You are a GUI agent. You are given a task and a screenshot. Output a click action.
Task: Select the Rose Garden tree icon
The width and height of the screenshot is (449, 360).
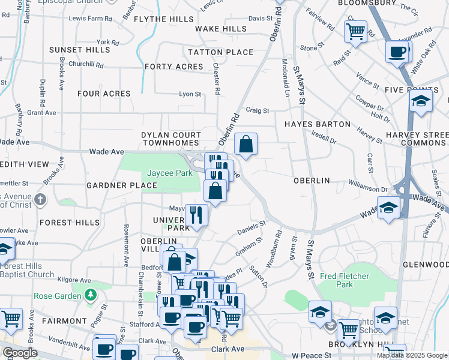[x=90, y=295]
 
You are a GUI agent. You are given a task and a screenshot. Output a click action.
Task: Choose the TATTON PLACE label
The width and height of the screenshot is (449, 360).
[x=220, y=52]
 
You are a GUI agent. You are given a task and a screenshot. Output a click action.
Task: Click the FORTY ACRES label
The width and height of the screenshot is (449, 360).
[x=173, y=67]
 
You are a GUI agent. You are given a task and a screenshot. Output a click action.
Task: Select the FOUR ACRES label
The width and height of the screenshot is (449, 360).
[x=104, y=94]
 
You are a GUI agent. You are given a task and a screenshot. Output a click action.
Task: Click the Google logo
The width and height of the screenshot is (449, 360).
[x=20, y=353]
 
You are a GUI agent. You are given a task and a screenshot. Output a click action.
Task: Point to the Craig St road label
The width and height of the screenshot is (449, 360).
[x=257, y=110]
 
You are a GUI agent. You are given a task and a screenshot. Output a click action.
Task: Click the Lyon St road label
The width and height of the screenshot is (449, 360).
[x=190, y=94]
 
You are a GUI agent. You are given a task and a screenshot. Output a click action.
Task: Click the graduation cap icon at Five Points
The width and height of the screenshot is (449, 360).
[x=421, y=100]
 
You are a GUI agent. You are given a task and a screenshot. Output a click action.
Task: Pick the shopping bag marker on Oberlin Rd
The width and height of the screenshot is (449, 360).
[x=246, y=144]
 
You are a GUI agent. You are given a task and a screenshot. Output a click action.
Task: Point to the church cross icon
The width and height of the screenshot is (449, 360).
[x=40, y=199]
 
